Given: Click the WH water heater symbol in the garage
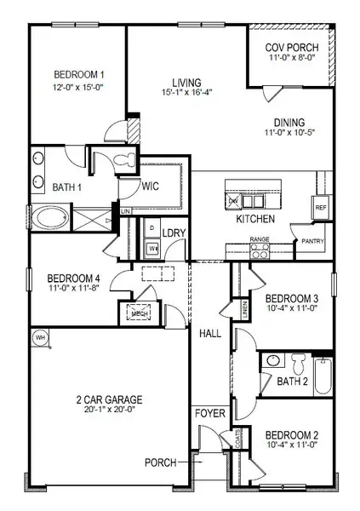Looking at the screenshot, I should [38, 338].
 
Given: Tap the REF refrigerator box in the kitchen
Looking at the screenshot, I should [321, 207].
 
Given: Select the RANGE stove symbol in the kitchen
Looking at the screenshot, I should [259, 250].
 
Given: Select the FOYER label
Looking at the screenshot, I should [209, 413].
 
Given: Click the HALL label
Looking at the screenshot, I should [210, 334].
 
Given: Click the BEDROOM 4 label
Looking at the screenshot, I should [73, 278].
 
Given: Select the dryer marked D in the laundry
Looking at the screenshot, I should [151, 229].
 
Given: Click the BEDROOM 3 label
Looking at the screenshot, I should [291, 299].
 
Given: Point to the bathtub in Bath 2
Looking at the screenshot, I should [323, 376].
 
